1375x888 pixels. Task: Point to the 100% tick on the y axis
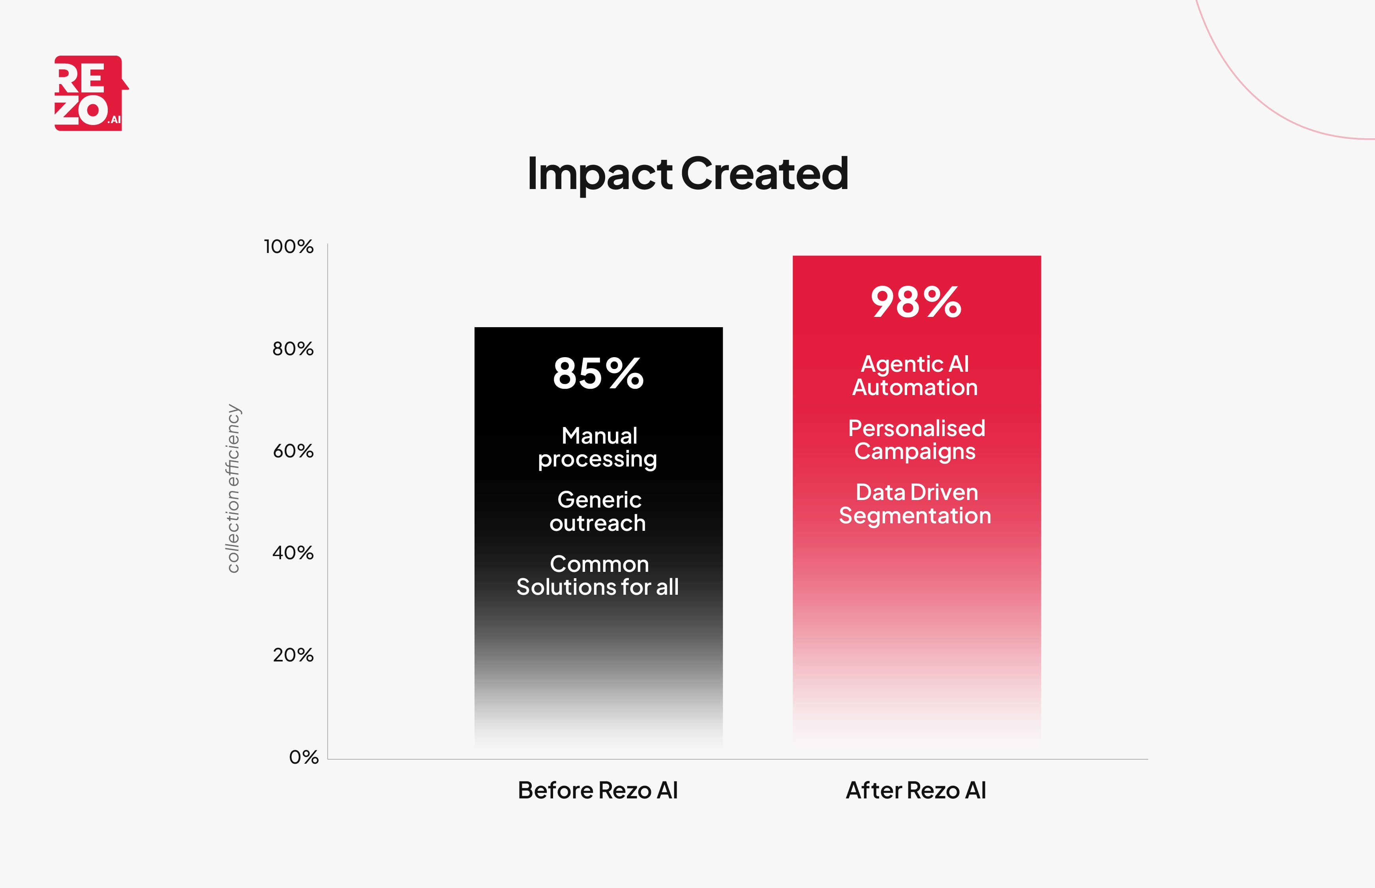pos(288,247)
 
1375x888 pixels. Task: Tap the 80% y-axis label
pos(293,349)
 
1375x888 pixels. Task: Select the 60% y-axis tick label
pos(293,451)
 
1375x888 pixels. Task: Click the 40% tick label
pos(293,553)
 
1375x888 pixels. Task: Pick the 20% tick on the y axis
pos(293,655)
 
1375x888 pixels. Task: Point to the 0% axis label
pos(303,757)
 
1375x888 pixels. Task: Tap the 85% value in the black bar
pos(598,374)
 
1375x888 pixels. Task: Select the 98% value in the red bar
pos(916,302)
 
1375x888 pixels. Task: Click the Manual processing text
pos(598,448)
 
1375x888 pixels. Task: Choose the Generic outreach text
pos(598,511)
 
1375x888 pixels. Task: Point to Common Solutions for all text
pos(598,575)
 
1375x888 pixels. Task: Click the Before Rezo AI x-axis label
pos(598,790)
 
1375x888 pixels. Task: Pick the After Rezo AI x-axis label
pos(916,790)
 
